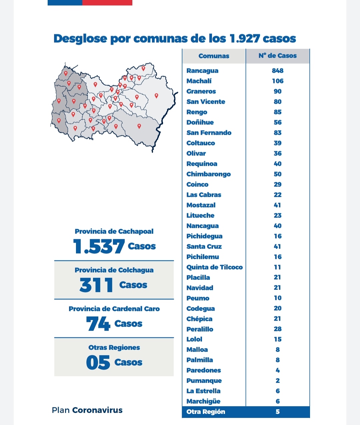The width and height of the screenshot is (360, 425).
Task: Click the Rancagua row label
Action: pos(202,71)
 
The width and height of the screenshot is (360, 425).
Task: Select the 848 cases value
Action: pos(278,71)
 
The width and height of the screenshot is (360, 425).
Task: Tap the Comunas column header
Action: pos(214,56)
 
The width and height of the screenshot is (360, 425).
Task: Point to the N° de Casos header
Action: pos(278,56)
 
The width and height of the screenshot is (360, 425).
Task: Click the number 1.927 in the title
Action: pos(245,38)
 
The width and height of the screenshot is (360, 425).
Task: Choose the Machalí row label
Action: pos(199,81)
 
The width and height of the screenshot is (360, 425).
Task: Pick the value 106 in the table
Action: pos(278,81)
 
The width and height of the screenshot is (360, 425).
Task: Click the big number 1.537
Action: pos(99,246)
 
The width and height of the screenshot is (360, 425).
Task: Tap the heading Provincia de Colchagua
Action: pos(114,270)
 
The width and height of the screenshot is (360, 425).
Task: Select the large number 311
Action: pos(96,285)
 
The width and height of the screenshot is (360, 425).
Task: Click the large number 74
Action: pos(98,324)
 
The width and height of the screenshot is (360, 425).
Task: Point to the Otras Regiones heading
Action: pos(114,348)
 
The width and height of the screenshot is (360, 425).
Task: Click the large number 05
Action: pos(98,362)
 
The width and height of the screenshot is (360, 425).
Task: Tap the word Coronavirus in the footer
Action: pos(97,410)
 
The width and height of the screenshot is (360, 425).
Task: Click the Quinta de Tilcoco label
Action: pos(215,267)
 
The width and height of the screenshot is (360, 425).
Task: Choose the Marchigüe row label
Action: pos(203,401)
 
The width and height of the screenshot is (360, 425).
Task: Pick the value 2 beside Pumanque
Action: pos(278,381)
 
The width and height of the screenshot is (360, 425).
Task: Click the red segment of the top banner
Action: pos(107,2)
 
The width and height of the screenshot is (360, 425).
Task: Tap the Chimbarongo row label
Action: pos(208,174)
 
